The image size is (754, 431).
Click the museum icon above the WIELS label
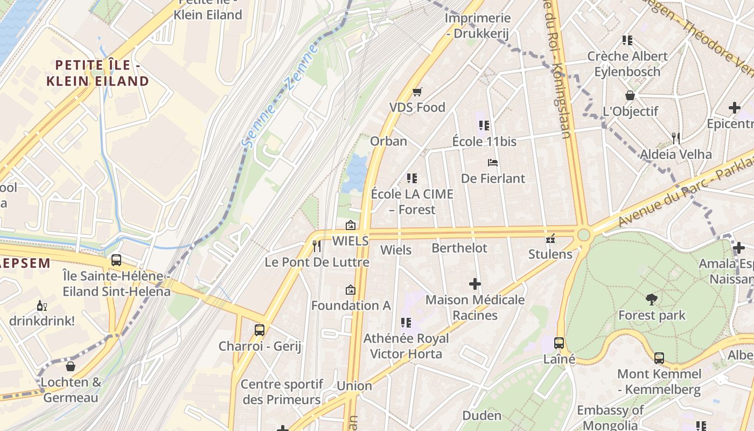(351, 225)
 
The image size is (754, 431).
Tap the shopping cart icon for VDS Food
(417, 92)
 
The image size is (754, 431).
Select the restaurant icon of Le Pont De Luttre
(317, 246)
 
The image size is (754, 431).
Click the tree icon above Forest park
(651, 299)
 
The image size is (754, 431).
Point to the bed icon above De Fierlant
(492, 162)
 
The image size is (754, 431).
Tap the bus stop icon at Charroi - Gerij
(260, 330)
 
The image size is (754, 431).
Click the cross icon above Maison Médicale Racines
(474, 283)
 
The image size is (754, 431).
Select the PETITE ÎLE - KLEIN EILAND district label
(97, 73)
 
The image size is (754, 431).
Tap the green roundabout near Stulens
(583, 235)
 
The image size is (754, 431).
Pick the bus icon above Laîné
(559, 343)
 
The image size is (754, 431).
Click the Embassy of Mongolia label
(610, 418)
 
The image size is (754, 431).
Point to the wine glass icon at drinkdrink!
(41, 305)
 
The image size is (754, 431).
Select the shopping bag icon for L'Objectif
(630, 95)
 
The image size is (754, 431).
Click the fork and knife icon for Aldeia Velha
(676, 138)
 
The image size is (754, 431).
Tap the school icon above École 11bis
(484, 126)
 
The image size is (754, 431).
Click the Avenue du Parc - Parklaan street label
(684, 194)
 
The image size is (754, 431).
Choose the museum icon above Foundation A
(351, 290)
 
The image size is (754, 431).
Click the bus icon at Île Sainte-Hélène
(116, 260)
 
